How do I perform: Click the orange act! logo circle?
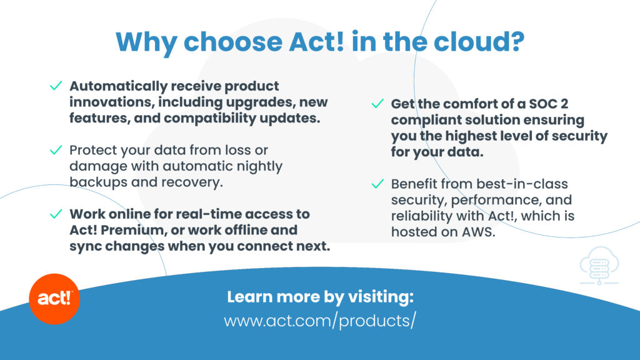click(x=54, y=299)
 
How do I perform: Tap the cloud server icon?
click(x=599, y=265)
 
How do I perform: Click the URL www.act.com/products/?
click(x=320, y=321)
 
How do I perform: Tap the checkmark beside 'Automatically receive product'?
click(x=56, y=85)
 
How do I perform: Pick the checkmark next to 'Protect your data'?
click(x=56, y=150)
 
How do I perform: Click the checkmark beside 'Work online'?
click(x=56, y=214)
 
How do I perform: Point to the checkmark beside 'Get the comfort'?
click(x=377, y=103)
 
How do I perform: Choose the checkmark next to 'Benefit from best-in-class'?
click(x=377, y=184)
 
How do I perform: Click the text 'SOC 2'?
click(x=549, y=104)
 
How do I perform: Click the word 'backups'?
click(x=98, y=182)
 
